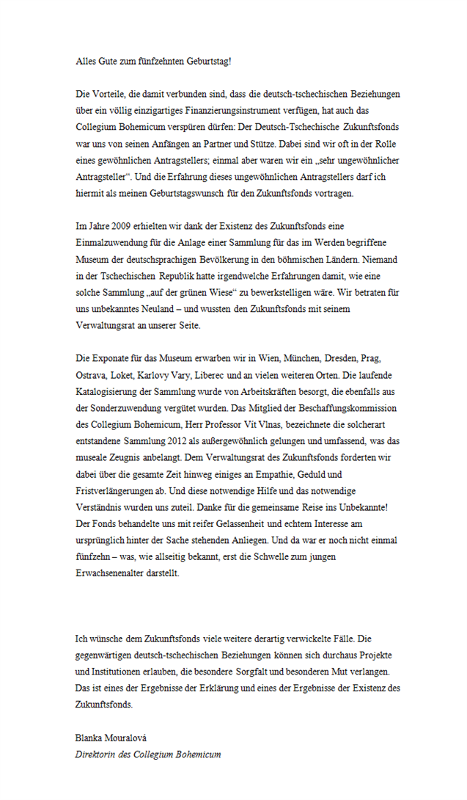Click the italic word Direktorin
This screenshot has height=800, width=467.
click(97, 754)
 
